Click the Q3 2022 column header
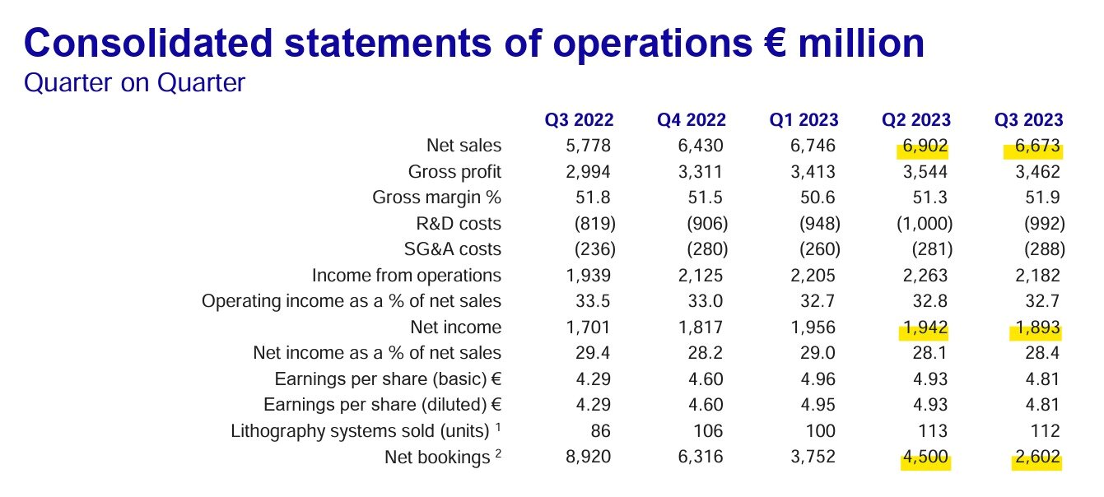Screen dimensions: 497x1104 tap(579, 120)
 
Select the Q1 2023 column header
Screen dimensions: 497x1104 tap(804, 120)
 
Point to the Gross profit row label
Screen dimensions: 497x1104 tap(454, 172)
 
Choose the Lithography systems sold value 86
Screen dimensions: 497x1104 tap(599, 430)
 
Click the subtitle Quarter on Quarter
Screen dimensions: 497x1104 tap(135, 83)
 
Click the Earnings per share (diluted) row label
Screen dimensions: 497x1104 tap(382, 405)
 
